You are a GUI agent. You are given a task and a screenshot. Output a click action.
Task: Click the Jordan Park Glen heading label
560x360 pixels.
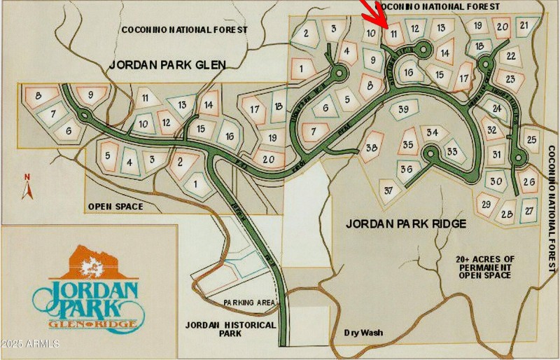click(x=167, y=65)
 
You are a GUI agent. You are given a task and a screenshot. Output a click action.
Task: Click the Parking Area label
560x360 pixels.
click(x=246, y=303)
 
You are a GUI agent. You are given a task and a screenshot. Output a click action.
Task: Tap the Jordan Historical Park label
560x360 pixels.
click(x=214, y=328)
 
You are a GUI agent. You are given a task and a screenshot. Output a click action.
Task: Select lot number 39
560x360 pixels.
click(x=403, y=109)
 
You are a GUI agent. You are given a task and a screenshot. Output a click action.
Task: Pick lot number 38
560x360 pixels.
click(x=372, y=147)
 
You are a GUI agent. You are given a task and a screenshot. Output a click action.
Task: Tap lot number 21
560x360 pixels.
click(x=524, y=26)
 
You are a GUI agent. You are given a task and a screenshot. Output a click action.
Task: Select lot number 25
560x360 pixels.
click(x=531, y=139)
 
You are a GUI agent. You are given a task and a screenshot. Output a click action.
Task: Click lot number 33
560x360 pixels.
click(x=452, y=151)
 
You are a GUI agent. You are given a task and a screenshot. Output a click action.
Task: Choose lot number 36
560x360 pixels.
click(x=406, y=169)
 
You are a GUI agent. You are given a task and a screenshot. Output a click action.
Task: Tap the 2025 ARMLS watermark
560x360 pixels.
click(x=30, y=344)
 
